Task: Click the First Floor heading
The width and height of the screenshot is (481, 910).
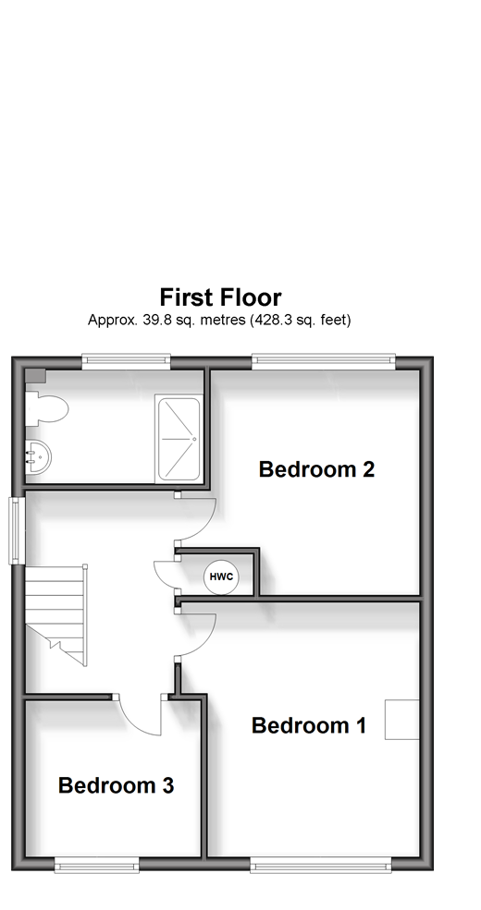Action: [221, 297]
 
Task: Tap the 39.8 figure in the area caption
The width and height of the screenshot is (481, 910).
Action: [150, 320]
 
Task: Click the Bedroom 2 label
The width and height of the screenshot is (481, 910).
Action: [316, 469]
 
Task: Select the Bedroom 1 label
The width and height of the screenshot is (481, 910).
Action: [309, 725]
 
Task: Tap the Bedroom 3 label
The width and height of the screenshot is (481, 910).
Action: [117, 786]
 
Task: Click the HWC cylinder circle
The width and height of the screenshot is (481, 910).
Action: [221, 576]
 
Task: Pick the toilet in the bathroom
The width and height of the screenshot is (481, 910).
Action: [47, 408]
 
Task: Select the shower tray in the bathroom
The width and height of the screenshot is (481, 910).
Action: [179, 439]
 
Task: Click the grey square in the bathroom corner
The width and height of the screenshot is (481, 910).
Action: [35, 375]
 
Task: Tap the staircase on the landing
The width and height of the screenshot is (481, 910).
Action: [56, 615]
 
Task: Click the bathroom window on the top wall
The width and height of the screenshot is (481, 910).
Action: [126, 361]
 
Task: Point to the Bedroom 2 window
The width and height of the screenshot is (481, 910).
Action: [324, 361]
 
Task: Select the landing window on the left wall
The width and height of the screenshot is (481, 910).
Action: [17, 530]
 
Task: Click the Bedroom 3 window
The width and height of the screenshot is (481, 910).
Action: [97, 865]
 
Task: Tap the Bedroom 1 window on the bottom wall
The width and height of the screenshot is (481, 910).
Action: [321, 865]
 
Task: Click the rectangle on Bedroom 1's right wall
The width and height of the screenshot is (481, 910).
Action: [402, 720]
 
